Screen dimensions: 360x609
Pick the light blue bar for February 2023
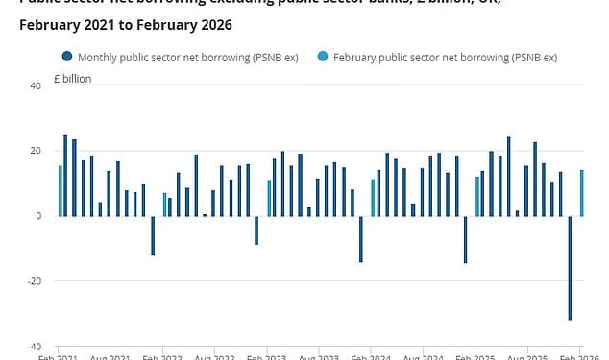[269, 198]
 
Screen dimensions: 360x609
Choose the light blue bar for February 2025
[477, 196]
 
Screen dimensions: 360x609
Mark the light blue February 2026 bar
[582, 192]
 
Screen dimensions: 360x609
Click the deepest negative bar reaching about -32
[570, 267]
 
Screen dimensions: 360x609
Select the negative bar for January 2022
[153, 235]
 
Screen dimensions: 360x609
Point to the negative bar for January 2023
[256, 229]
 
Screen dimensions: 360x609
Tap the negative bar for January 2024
[361, 238]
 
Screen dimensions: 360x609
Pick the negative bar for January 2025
[465, 239]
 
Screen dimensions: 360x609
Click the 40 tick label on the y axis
[36, 85]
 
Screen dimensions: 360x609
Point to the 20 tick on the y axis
[36, 151]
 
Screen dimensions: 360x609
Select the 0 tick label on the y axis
[38, 216]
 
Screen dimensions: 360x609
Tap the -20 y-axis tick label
[34, 281]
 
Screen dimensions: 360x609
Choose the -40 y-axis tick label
[34, 347]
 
